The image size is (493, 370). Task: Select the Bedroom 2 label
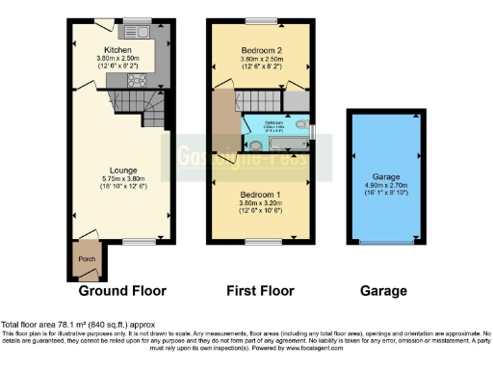261,49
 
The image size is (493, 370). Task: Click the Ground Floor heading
121,291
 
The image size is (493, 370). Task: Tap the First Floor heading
261,291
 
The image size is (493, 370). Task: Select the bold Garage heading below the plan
382,291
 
